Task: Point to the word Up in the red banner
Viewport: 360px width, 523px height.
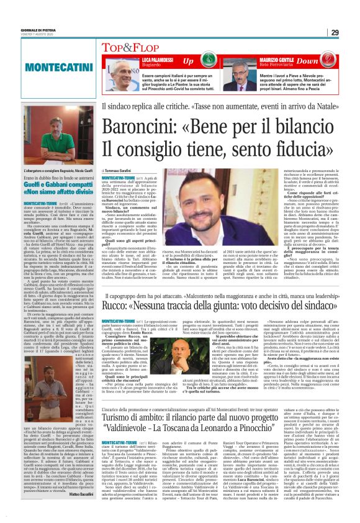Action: point(188,61)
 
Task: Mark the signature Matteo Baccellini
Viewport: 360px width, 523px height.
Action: point(78,494)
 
